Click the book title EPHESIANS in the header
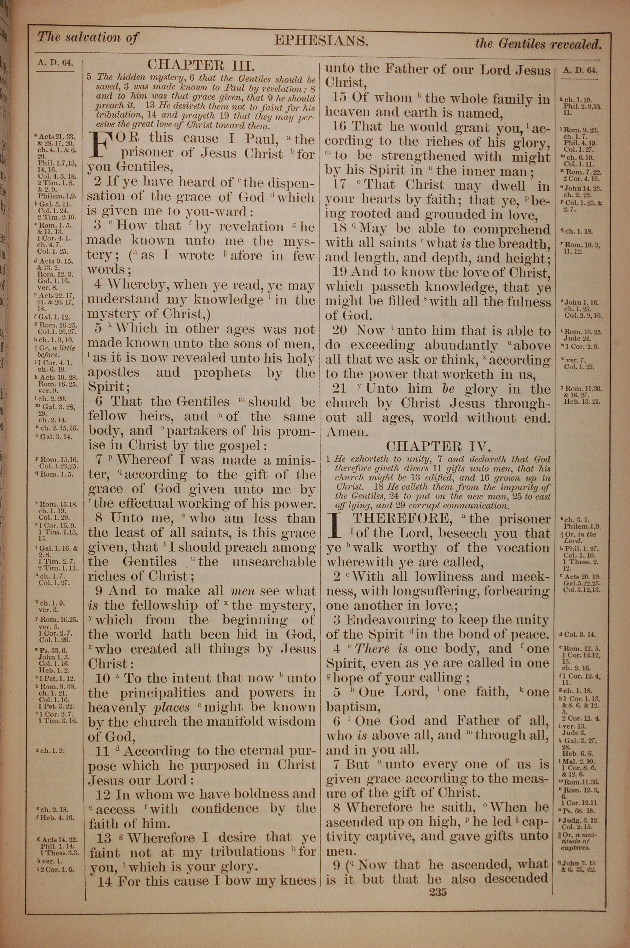coord(321,41)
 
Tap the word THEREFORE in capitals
coord(401,519)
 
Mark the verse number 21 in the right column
coord(340,389)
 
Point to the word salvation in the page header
coord(92,38)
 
